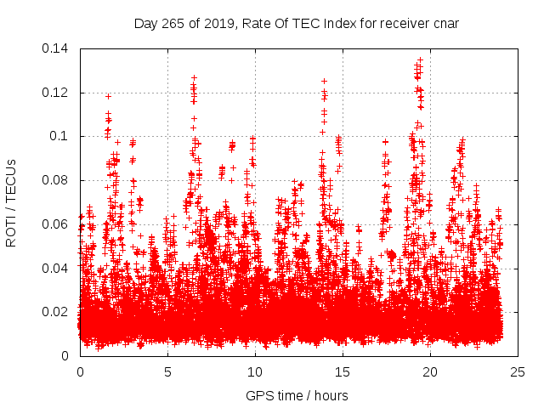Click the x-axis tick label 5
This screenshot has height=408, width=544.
pyautogui.click(x=167, y=371)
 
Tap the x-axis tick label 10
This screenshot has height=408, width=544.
pyautogui.click(x=255, y=371)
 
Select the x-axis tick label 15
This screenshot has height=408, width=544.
pyautogui.click(x=343, y=371)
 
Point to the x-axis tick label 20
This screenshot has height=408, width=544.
pyautogui.click(x=430, y=371)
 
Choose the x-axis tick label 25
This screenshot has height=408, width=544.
pyautogui.click(x=518, y=371)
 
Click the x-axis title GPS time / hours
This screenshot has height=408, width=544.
pyautogui.click(x=297, y=395)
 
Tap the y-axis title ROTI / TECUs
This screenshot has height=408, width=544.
pyautogui.click(x=11, y=202)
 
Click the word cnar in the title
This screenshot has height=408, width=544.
pyautogui.click(x=445, y=23)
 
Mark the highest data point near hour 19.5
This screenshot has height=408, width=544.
pyautogui.click(x=420, y=59)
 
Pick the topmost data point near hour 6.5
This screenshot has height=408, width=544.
pyautogui.click(x=194, y=77)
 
